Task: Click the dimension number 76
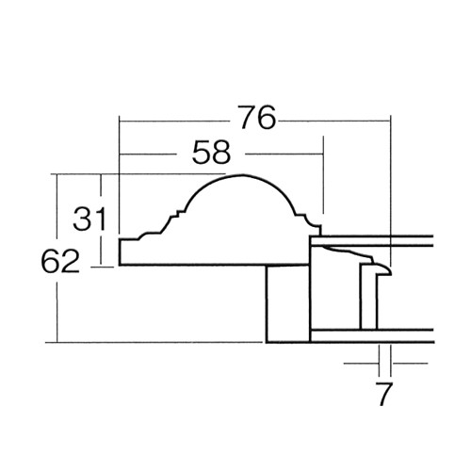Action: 255,119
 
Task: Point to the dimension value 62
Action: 59,261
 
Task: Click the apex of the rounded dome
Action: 236,176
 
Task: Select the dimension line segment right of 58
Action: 283,154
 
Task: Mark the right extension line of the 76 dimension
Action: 389,188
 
